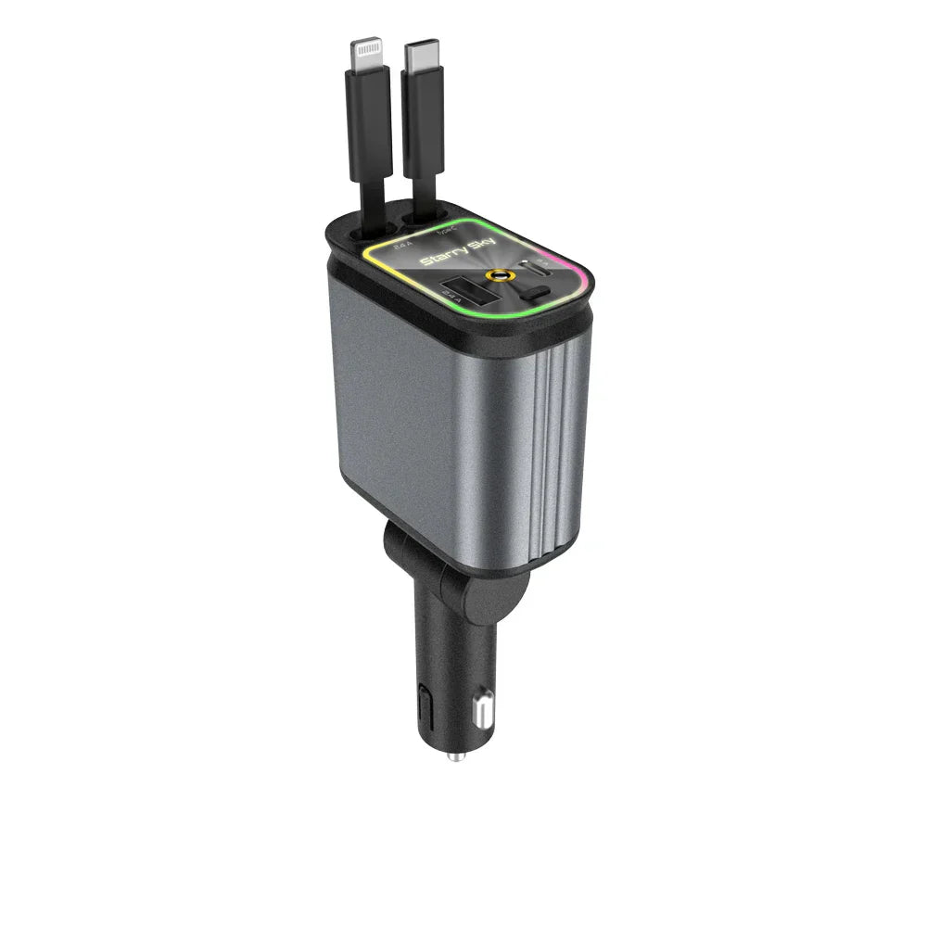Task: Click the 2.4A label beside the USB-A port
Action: coord(453,311)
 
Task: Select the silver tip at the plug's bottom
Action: coord(454,756)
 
